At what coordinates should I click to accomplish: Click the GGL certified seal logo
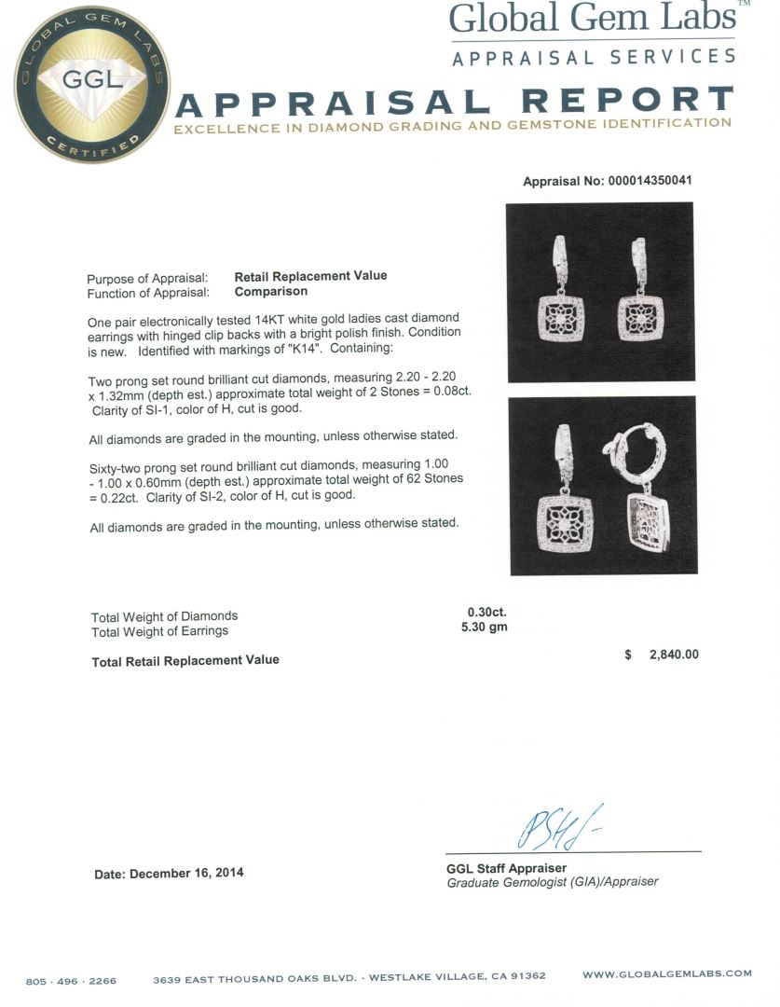click(x=91, y=83)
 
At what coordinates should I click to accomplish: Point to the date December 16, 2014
click(x=169, y=874)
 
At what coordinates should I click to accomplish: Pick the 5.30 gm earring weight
click(x=485, y=628)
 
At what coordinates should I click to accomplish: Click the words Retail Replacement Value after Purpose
click(x=310, y=276)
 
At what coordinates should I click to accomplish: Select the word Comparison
click(x=270, y=291)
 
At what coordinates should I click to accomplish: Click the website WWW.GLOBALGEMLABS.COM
click(x=666, y=973)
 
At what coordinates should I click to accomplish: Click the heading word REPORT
click(x=626, y=101)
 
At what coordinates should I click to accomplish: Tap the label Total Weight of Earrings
click(x=159, y=631)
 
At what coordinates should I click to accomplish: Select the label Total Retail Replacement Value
click(x=185, y=660)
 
